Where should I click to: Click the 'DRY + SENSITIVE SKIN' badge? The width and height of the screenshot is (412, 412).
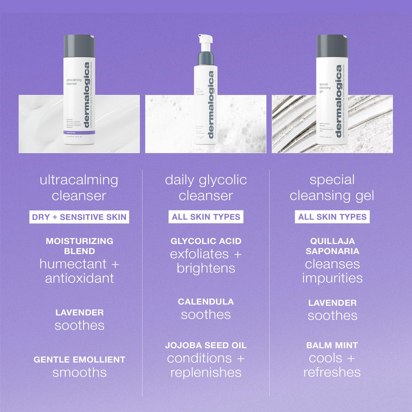[x=79, y=217]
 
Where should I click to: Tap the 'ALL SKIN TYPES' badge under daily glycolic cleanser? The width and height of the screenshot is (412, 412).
[x=206, y=217]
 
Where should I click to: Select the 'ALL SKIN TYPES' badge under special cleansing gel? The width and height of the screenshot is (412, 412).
[x=332, y=217]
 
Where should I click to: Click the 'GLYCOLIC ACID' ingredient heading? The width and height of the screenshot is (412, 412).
[x=206, y=241]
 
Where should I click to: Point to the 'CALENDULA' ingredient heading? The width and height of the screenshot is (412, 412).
[x=206, y=302]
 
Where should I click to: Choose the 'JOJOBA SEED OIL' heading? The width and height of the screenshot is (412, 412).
[x=206, y=345]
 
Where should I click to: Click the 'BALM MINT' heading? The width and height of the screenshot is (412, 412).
[x=332, y=345]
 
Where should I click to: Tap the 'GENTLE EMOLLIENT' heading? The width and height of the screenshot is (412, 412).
[x=79, y=360]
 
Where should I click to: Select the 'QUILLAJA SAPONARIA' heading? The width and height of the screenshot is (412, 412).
[x=332, y=246]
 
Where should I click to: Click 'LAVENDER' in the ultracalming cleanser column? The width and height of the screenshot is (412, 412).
[x=79, y=312]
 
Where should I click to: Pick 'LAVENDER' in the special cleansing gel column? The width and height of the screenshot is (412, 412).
[x=332, y=303]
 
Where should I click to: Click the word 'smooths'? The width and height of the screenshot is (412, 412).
[x=79, y=373]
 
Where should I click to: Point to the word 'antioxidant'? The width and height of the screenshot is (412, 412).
[x=79, y=278]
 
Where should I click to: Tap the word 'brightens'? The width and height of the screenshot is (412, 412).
[x=206, y=268]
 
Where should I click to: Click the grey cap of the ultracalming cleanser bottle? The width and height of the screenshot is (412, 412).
[x=79, y=46]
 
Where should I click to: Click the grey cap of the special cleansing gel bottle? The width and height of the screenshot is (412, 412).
[x=332, y=46]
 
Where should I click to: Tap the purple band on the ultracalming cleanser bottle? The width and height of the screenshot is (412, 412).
[x=79, y=133]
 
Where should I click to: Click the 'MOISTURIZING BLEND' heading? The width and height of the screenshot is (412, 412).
[x=79, y=246]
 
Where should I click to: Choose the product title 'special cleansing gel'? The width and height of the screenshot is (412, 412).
[x=332, y=188]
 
